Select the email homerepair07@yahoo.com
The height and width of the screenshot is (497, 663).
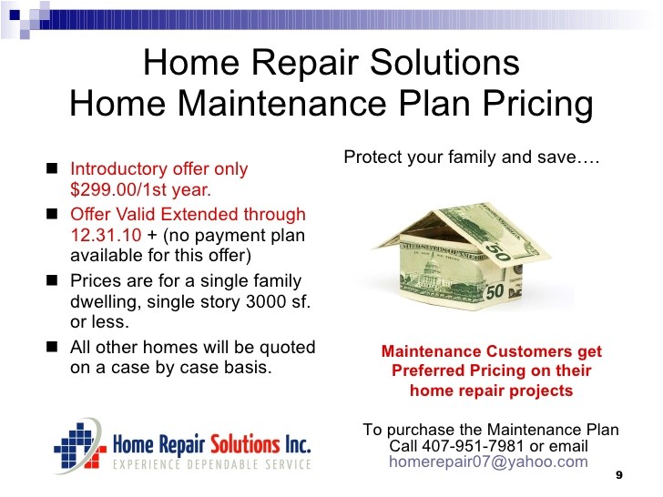[x=488, y=461]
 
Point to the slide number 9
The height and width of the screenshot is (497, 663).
[x=619, y=476]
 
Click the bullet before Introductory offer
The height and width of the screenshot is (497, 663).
[x=54, y=168]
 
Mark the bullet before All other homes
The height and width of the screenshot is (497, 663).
[x=54, y=347]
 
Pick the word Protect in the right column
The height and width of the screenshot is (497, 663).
[x=372, y=157]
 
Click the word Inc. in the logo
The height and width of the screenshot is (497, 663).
[x=293, y=445]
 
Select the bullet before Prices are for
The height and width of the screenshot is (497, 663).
[x=54, y=280]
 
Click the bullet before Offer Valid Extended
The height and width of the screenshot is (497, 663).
[x=54, y=214]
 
